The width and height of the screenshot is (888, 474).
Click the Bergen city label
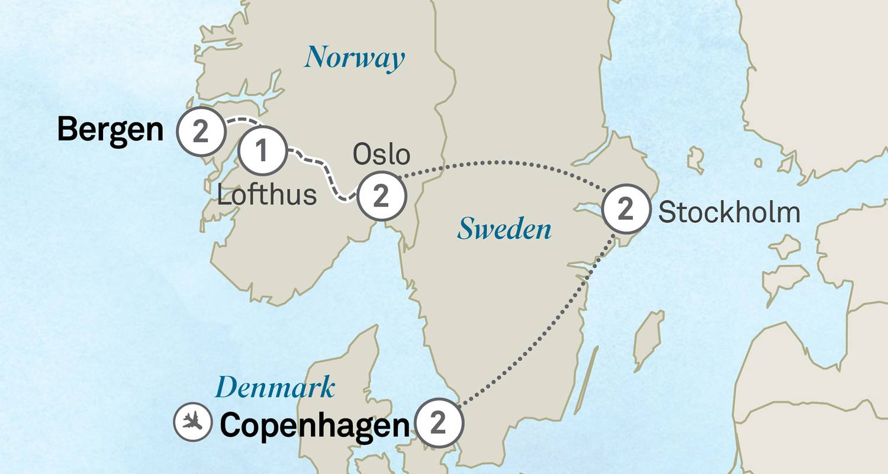pos(110,130)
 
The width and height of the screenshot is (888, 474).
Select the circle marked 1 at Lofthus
pos(262,152)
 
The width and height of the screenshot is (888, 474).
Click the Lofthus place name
pos(267,195)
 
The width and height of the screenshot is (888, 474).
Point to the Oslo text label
pos(381,155)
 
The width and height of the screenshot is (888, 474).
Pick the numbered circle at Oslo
pos(382,196)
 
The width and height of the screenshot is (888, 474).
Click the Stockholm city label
pos(729,212)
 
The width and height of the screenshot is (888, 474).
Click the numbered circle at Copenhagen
pos(438,424)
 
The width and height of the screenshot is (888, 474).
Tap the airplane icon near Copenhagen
pos(192,422)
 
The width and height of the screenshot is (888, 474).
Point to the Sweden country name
pos(504,229)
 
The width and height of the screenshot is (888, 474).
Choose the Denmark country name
pos(275,389)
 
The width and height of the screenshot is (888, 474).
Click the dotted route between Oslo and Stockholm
pos(503,161)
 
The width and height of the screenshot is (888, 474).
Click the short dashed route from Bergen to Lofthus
pos(240,121)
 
